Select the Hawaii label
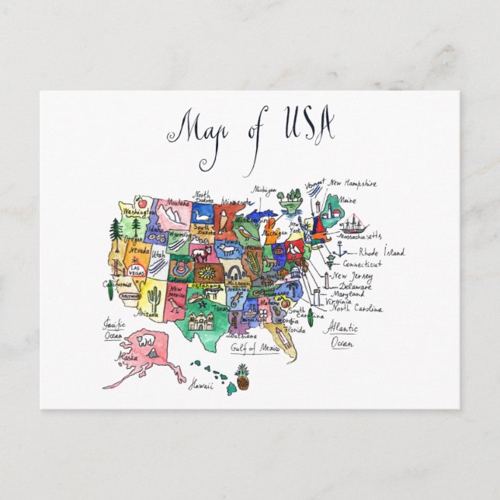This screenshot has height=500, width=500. point(203,384)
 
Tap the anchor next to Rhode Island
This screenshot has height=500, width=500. point(339,248)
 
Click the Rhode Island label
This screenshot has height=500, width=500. point(381,252)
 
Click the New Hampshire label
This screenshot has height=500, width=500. point(353,184)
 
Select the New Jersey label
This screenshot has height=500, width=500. point(351,276)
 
